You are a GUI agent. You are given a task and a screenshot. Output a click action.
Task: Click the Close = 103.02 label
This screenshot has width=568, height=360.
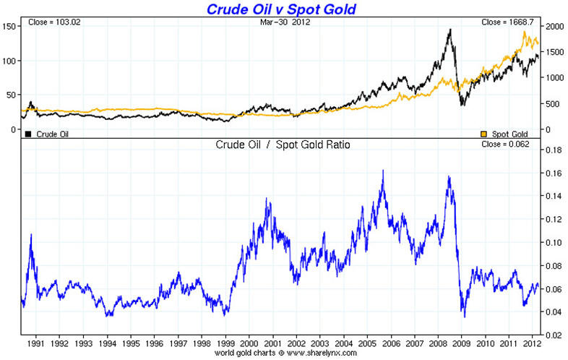click(x=51, y=22)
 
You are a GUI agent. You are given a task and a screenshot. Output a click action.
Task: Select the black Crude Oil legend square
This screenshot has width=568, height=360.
click(x=28, y=134)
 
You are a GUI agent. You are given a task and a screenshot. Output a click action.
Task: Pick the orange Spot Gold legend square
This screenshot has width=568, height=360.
click(x=484, y=134)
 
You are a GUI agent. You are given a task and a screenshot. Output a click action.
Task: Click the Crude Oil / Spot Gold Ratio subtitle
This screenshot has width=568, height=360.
click(x=282, y=144)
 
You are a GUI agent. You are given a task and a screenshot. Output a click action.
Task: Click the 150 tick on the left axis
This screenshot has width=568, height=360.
click(x=9, y=26)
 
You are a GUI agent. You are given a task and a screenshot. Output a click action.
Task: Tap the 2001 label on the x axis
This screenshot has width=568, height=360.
click(x=273, y=343)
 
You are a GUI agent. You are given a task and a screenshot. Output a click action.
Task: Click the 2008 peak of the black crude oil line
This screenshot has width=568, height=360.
click(x=450, y=30)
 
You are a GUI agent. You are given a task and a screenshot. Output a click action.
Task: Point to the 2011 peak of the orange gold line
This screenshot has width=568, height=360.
click(x=524, y=32)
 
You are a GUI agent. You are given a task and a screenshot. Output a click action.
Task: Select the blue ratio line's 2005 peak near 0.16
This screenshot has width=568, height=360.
click(x=382, y=171)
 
